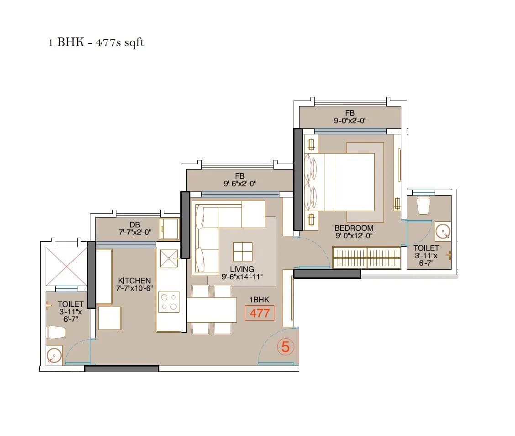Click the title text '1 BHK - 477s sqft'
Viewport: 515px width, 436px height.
96,43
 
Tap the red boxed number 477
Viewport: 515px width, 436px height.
259,314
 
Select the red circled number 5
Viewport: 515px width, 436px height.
285,347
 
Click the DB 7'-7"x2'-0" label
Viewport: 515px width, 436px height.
134,228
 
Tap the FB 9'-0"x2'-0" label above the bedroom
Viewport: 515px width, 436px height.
350,117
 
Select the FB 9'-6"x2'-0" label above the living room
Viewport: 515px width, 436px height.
239,180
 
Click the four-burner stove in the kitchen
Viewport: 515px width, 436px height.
169,302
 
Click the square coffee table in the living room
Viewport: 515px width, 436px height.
242,251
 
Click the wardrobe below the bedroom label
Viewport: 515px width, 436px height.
367,258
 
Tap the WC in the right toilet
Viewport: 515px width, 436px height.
423,205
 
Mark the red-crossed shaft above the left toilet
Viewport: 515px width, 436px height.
66,267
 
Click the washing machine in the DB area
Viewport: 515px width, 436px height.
169,229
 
